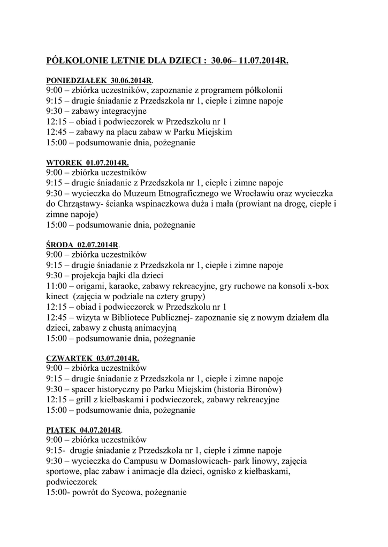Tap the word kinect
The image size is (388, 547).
57,296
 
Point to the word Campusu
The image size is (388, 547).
144,460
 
